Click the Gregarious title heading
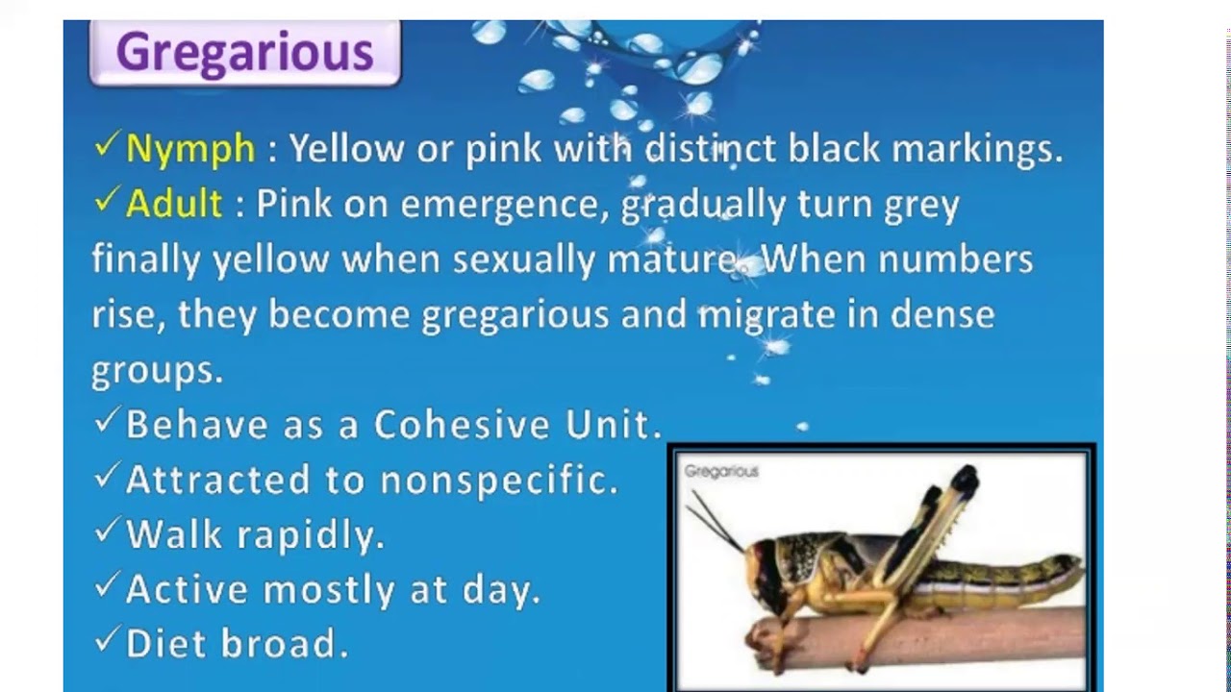(244, 52)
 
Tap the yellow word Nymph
(190, 149)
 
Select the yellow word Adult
(174, 204)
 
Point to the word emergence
(504, 205)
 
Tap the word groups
(157, 371)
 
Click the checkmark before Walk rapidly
(106, 531)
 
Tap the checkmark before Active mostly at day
(106, 586)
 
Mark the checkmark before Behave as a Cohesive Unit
(106, 421)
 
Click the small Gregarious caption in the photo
(721, 472)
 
